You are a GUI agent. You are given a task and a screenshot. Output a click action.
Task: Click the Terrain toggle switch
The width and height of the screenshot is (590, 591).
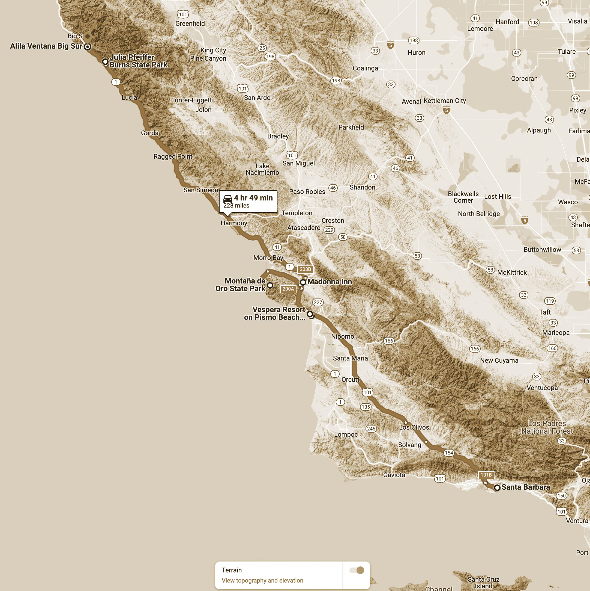pos(357,570)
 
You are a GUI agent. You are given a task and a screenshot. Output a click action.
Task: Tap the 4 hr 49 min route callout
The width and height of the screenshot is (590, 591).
pos(248,201)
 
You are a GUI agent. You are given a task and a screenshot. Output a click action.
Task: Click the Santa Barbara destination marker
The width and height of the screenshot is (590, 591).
pos(497,487)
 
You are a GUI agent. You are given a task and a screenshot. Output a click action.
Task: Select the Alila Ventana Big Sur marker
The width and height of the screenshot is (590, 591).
pos(88,46)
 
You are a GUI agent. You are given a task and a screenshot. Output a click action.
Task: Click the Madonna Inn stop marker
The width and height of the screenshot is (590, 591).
pos(303,282)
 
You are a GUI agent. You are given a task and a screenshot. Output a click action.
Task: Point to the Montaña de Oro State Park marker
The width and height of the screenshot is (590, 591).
pos(270,285)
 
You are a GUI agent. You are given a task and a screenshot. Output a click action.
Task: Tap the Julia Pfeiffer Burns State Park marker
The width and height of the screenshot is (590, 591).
pos(105,62)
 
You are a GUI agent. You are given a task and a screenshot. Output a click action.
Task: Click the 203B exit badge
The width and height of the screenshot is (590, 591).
pos(305,269)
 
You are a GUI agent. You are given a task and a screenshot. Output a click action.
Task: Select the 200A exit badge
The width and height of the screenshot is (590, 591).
pos(288,289)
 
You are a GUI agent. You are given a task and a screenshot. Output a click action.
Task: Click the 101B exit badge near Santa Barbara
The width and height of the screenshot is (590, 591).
pos(486,475)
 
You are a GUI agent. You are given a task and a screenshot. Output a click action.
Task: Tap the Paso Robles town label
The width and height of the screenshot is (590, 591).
pos(307,191)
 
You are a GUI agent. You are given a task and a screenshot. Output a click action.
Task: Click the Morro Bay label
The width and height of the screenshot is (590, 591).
pos(268,258)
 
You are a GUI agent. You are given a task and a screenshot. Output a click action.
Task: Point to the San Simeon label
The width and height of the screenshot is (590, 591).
pos(200,190)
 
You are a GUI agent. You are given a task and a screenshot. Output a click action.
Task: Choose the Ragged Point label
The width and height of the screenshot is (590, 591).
pos(173,156)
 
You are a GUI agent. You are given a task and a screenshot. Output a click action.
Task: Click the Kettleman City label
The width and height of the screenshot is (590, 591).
pos(445,101)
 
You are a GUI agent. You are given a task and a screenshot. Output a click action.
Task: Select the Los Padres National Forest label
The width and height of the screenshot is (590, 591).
pos(547,427)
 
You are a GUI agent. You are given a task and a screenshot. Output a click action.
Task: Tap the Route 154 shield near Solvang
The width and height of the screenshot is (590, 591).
pos(449,453)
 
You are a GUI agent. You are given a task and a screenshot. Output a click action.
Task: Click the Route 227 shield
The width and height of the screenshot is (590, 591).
pos(318,302)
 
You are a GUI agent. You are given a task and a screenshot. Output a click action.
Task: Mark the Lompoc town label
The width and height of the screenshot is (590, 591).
pos(346,435)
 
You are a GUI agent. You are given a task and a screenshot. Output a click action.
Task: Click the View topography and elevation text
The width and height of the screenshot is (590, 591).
pos(262,580)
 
